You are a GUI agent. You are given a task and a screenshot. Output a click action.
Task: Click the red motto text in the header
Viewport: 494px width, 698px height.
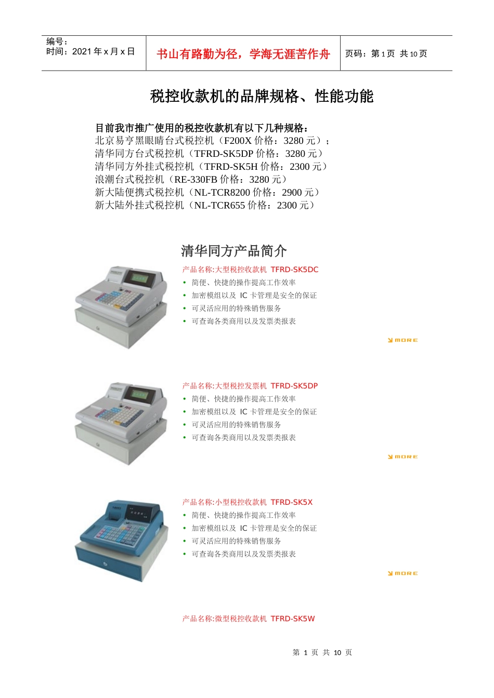click(243, 54)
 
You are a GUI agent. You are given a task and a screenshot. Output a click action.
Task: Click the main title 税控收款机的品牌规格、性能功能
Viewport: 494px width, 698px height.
click(262, 96)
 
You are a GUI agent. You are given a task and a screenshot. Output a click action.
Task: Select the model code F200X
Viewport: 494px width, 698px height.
click(238, 141)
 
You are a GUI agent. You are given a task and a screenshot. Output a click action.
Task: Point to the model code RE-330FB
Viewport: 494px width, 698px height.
click(196, 180)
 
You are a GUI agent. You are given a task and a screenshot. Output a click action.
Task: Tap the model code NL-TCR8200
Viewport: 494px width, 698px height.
click(222, 193)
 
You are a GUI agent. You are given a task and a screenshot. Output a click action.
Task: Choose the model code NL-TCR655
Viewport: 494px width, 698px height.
click(219, 206)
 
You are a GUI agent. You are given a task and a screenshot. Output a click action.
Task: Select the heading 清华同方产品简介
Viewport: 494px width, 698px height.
click(234, 251)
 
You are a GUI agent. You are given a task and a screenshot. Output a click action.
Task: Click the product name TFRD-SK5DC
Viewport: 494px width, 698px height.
click(294, 270)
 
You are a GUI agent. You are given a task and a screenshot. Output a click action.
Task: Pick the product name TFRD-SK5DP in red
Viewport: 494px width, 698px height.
click(294, 386)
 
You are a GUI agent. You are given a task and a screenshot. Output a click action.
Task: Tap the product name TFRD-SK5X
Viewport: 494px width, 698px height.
click(292, 502)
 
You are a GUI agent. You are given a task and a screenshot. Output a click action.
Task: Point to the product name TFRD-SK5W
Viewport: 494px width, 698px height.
click(293, 619)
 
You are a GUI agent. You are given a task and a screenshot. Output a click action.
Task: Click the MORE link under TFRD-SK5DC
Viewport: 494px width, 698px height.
click(403, 340)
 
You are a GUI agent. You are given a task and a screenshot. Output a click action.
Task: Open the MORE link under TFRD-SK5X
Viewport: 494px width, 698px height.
click(403, 573)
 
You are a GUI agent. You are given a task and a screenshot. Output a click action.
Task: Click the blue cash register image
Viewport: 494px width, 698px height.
click(122, 540)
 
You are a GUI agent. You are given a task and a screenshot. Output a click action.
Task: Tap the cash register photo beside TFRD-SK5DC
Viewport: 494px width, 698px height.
click(122, 306)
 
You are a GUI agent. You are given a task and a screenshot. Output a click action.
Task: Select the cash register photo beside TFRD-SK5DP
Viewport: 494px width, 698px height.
click(122, 423)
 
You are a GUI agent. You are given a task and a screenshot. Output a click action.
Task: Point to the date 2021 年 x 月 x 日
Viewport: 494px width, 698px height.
click(103, 51)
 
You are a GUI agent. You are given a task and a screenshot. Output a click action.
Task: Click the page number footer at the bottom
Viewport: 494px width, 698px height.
click(322, 652)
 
